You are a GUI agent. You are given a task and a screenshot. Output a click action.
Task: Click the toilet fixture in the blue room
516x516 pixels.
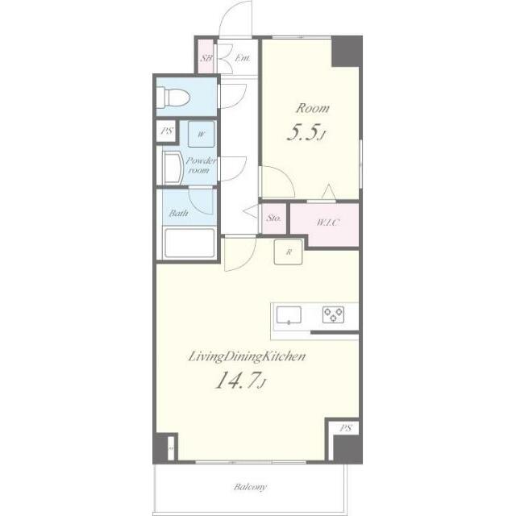[x=173, y=98]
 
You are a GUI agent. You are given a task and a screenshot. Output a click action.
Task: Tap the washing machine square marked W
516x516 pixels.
[x=201, y=135]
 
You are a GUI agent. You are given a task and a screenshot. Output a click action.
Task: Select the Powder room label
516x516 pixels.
[x=201, y=165]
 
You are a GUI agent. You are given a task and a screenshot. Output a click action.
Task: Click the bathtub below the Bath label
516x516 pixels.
[x=189, y=243]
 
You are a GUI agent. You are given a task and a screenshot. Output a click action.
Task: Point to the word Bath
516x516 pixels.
[x=179, y=213]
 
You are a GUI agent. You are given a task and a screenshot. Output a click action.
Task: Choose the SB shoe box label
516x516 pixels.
[x=206, y=58]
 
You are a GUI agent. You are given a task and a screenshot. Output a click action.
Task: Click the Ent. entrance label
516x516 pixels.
[x=243, y=58]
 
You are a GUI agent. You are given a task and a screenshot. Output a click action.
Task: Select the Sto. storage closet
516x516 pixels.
[x=274, y=218]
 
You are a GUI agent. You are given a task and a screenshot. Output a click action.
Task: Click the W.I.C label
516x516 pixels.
[x=327, y=223]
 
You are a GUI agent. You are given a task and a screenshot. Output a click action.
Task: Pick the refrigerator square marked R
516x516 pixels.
[x=289, y=252]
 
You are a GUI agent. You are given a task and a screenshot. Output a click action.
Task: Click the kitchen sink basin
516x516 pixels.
[x=289, y=315]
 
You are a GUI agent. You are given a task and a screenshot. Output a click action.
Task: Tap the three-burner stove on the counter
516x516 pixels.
[x=333, y=314]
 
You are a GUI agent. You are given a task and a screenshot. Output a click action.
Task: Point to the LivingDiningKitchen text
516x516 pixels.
[x=247, y=356]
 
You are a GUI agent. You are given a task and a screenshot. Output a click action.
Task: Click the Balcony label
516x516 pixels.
[x=250, y=487]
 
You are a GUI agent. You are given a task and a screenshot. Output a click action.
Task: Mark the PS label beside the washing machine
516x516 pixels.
[x=167, y=131]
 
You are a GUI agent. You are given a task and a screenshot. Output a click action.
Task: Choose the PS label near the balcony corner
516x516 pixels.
[x=346, y=428]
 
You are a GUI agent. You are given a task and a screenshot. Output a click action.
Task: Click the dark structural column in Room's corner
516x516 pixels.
[x=347, y=52]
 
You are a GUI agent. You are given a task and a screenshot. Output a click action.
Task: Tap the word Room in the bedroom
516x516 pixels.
[x=312, y=108]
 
